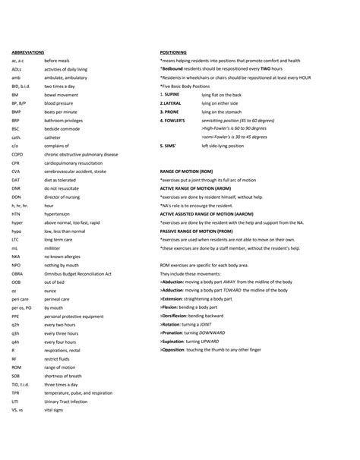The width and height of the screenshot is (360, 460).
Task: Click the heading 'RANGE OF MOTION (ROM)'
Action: coord(191,172)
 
